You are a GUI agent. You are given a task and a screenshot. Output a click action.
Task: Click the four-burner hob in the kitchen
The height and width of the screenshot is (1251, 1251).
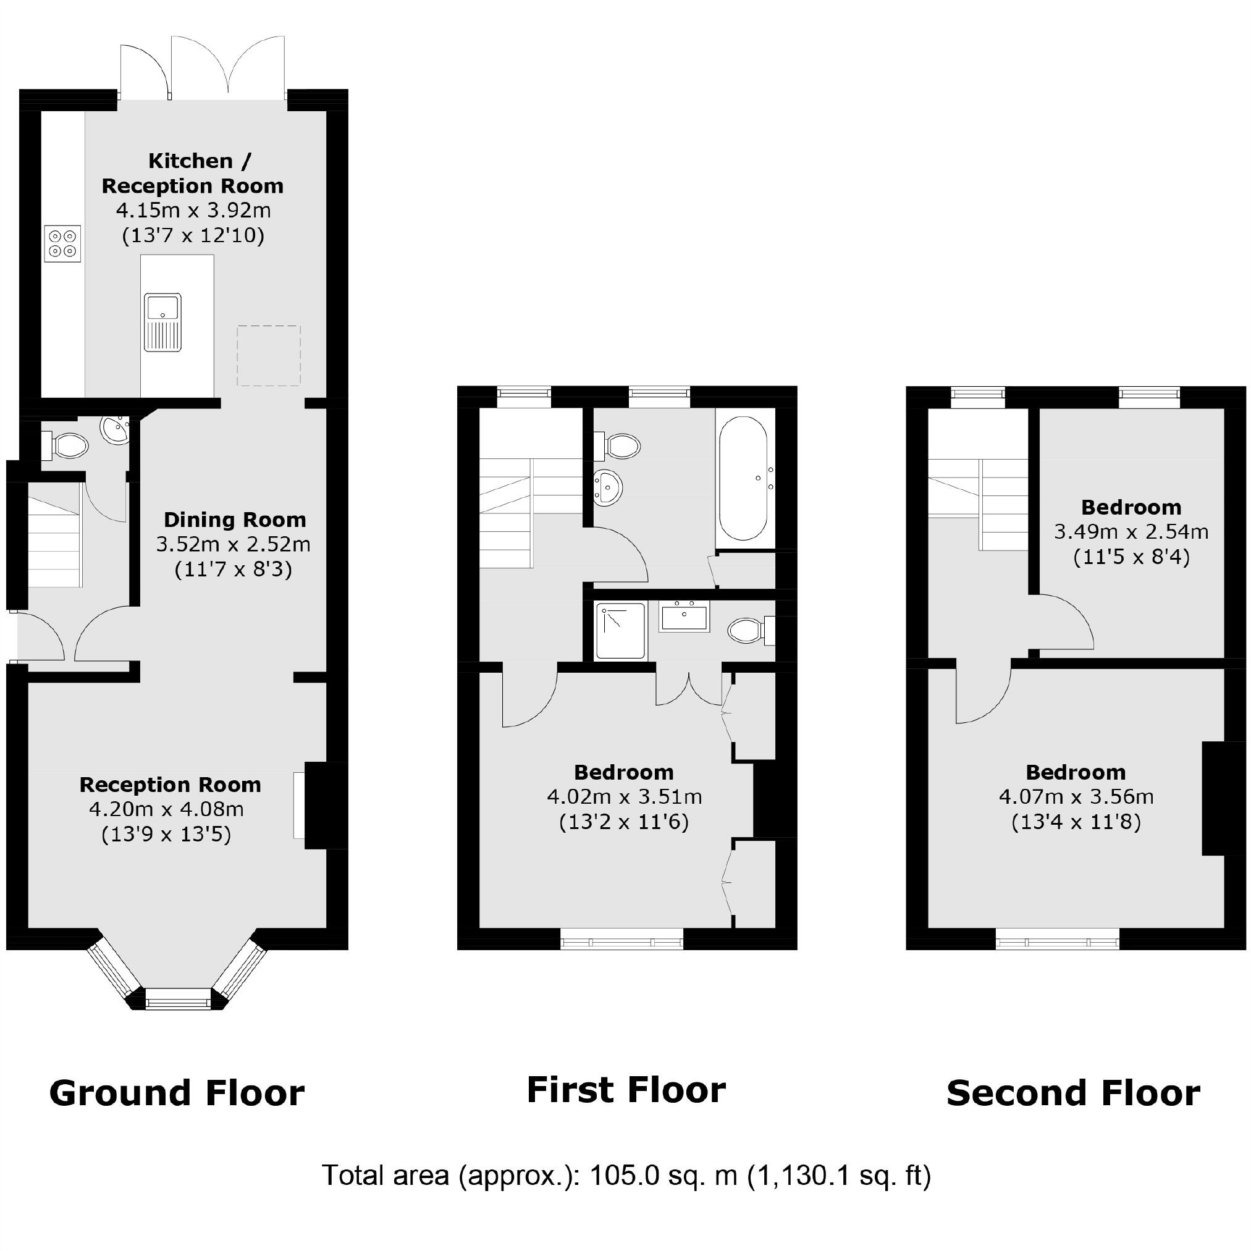[63, 243]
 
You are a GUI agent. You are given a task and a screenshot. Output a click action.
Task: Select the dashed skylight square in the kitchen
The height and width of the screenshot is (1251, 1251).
[269, 355]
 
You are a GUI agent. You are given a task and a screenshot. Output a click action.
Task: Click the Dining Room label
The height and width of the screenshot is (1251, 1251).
[234, 520]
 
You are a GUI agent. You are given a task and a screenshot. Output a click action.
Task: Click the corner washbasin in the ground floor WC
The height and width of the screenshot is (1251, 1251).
[116, 430]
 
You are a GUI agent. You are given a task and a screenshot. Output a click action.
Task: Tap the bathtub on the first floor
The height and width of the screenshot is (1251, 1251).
[744, 478]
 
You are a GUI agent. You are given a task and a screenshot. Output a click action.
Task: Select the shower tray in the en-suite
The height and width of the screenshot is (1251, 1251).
[621, 631]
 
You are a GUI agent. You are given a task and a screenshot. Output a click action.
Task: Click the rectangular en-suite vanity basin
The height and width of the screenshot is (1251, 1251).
[684, 617]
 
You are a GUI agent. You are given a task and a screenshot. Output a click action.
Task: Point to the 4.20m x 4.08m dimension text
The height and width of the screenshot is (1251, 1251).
[166, 809]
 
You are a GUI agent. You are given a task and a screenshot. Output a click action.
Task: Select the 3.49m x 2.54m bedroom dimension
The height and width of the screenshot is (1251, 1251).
[1131, 532]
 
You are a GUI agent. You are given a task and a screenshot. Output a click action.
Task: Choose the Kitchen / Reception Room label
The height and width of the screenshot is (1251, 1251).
[192, 173]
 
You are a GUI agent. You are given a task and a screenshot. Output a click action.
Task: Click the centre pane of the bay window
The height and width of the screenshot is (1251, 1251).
[179, 1003]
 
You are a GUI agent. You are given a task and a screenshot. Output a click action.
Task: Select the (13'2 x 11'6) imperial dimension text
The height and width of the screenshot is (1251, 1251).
[623, 822]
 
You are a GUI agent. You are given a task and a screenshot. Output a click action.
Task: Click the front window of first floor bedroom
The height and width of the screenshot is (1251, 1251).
[621, 942]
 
